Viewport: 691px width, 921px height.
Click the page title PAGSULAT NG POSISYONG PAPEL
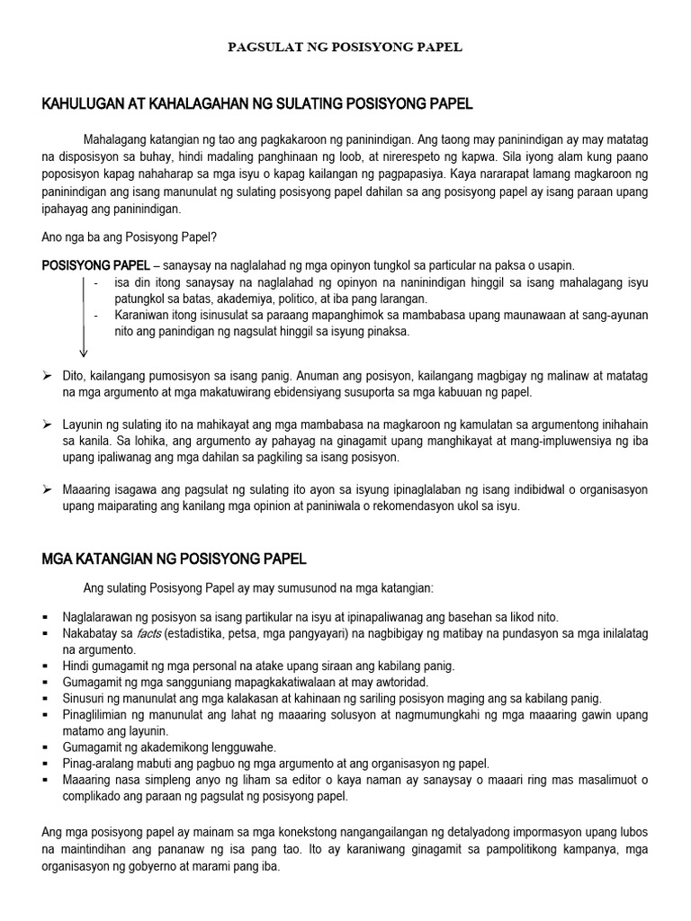[345, 47]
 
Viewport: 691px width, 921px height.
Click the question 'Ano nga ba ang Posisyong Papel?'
[130, 237]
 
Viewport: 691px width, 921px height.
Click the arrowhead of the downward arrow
[84, 353]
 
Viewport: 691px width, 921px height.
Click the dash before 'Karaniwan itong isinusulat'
[96, 315]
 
